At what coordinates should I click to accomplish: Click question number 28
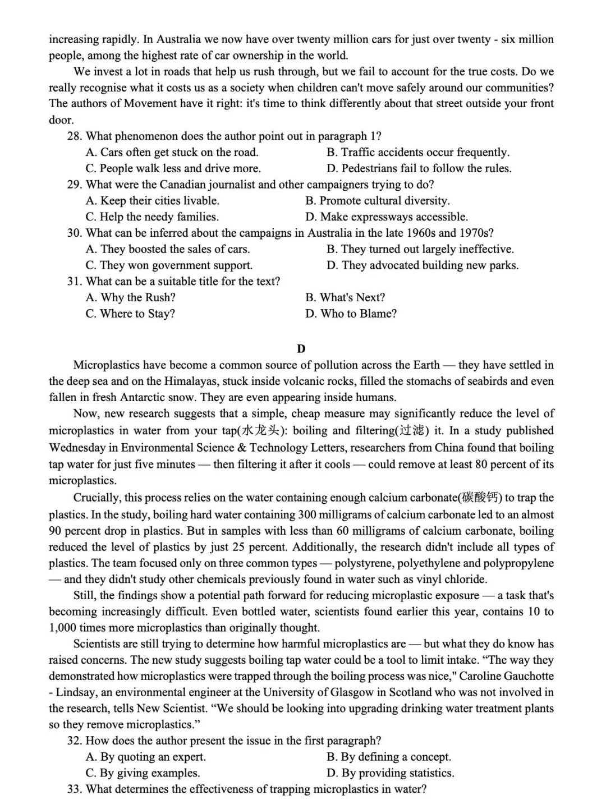75,136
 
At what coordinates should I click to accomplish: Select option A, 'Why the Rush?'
130,297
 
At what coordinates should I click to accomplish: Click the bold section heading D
301,349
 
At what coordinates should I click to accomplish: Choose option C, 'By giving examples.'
143,773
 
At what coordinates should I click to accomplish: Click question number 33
75,789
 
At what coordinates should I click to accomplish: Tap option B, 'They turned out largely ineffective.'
420,249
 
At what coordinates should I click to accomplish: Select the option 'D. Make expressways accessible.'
386,217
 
